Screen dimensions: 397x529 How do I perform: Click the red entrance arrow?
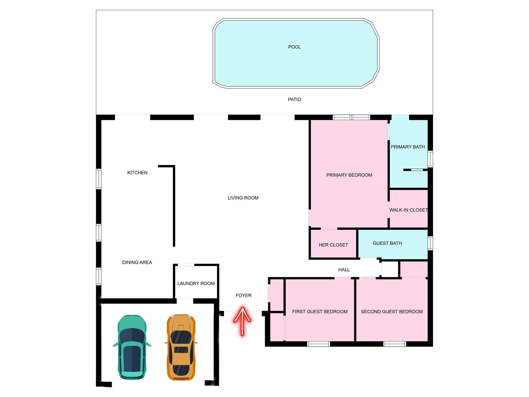click(x=242, y=321)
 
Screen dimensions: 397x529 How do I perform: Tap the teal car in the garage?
click(x=132, y=347)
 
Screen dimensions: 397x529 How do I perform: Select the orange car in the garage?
click(x=181, y=347)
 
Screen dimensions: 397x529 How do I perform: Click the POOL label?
click(x=294, y=47)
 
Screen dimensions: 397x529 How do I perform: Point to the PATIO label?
click(x=294, y=100)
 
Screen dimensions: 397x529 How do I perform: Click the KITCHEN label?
click(x=137, y=173)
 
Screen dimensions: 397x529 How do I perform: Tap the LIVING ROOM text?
click(x=243, y=198)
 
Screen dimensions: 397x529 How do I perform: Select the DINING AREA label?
click(x=137, y=263)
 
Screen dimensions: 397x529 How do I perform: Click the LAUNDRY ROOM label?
click(x=196, y=284)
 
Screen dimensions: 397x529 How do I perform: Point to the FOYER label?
click(x=243, y=295)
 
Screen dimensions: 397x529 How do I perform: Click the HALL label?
click(x=344, y=270)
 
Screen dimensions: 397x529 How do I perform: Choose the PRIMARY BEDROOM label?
click(x=349, y=175)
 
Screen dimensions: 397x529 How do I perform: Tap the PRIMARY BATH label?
click(x=408, y=147)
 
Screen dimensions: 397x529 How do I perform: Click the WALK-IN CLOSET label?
click(x=408, y=210)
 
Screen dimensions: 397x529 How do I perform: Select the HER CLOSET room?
click(x=333, y=245)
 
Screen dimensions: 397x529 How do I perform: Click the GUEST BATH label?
click(x=387, y=243)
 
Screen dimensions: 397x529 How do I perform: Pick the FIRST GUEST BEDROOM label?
click(x=320, y=312)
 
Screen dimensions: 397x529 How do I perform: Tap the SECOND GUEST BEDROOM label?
click(x=392, y=312)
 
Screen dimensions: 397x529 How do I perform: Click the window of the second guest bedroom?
click(x=394, y=344)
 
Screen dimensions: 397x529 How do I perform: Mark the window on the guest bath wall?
click(x=430, y=243)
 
